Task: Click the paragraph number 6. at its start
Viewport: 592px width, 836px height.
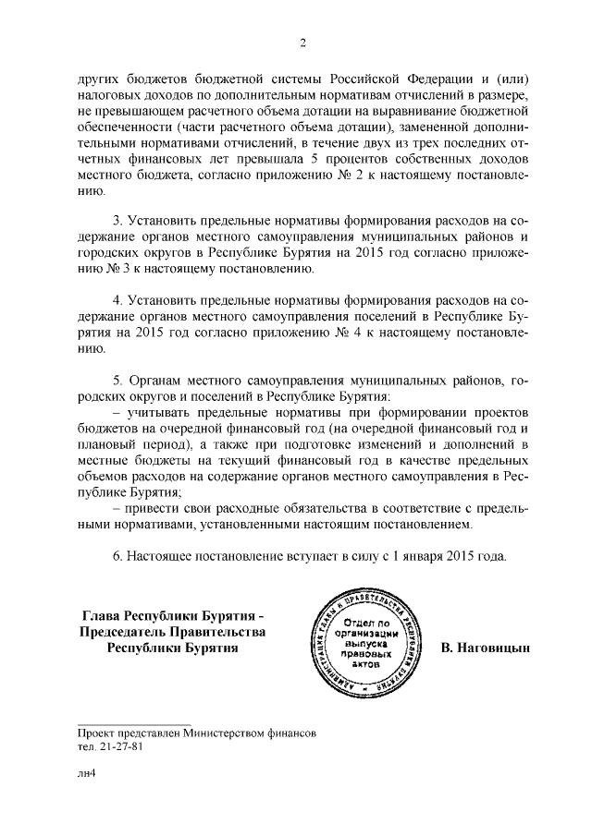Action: (x=117, y=557)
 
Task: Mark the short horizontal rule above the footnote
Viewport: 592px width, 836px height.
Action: (x=133, y=724)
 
